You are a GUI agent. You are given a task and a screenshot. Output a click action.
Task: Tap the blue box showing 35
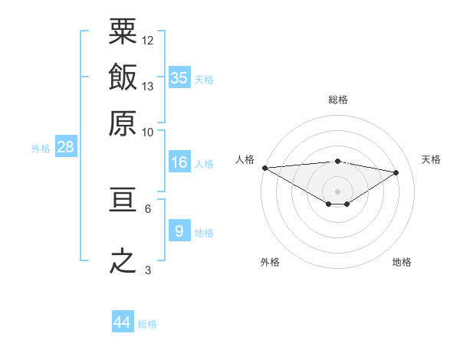coord(179,77)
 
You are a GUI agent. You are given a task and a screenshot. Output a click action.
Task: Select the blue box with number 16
coord(179,162)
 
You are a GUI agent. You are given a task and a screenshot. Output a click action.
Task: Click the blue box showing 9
coord(179,231)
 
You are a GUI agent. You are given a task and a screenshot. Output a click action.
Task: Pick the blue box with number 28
coord(65,148)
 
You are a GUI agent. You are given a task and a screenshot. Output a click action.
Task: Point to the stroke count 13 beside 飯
coord(148,86)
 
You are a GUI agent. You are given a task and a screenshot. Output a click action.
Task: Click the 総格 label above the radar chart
coord(337,100)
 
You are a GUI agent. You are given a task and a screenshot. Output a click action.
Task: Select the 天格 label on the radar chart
coord(432,159)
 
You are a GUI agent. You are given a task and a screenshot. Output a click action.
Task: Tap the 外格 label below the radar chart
coord(270,262)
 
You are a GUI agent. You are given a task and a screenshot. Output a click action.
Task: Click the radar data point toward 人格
coord(264,167)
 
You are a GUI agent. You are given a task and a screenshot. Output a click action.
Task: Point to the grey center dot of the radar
coord(337,191)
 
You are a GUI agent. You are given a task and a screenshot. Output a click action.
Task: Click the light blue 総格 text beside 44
coord(147,324)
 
